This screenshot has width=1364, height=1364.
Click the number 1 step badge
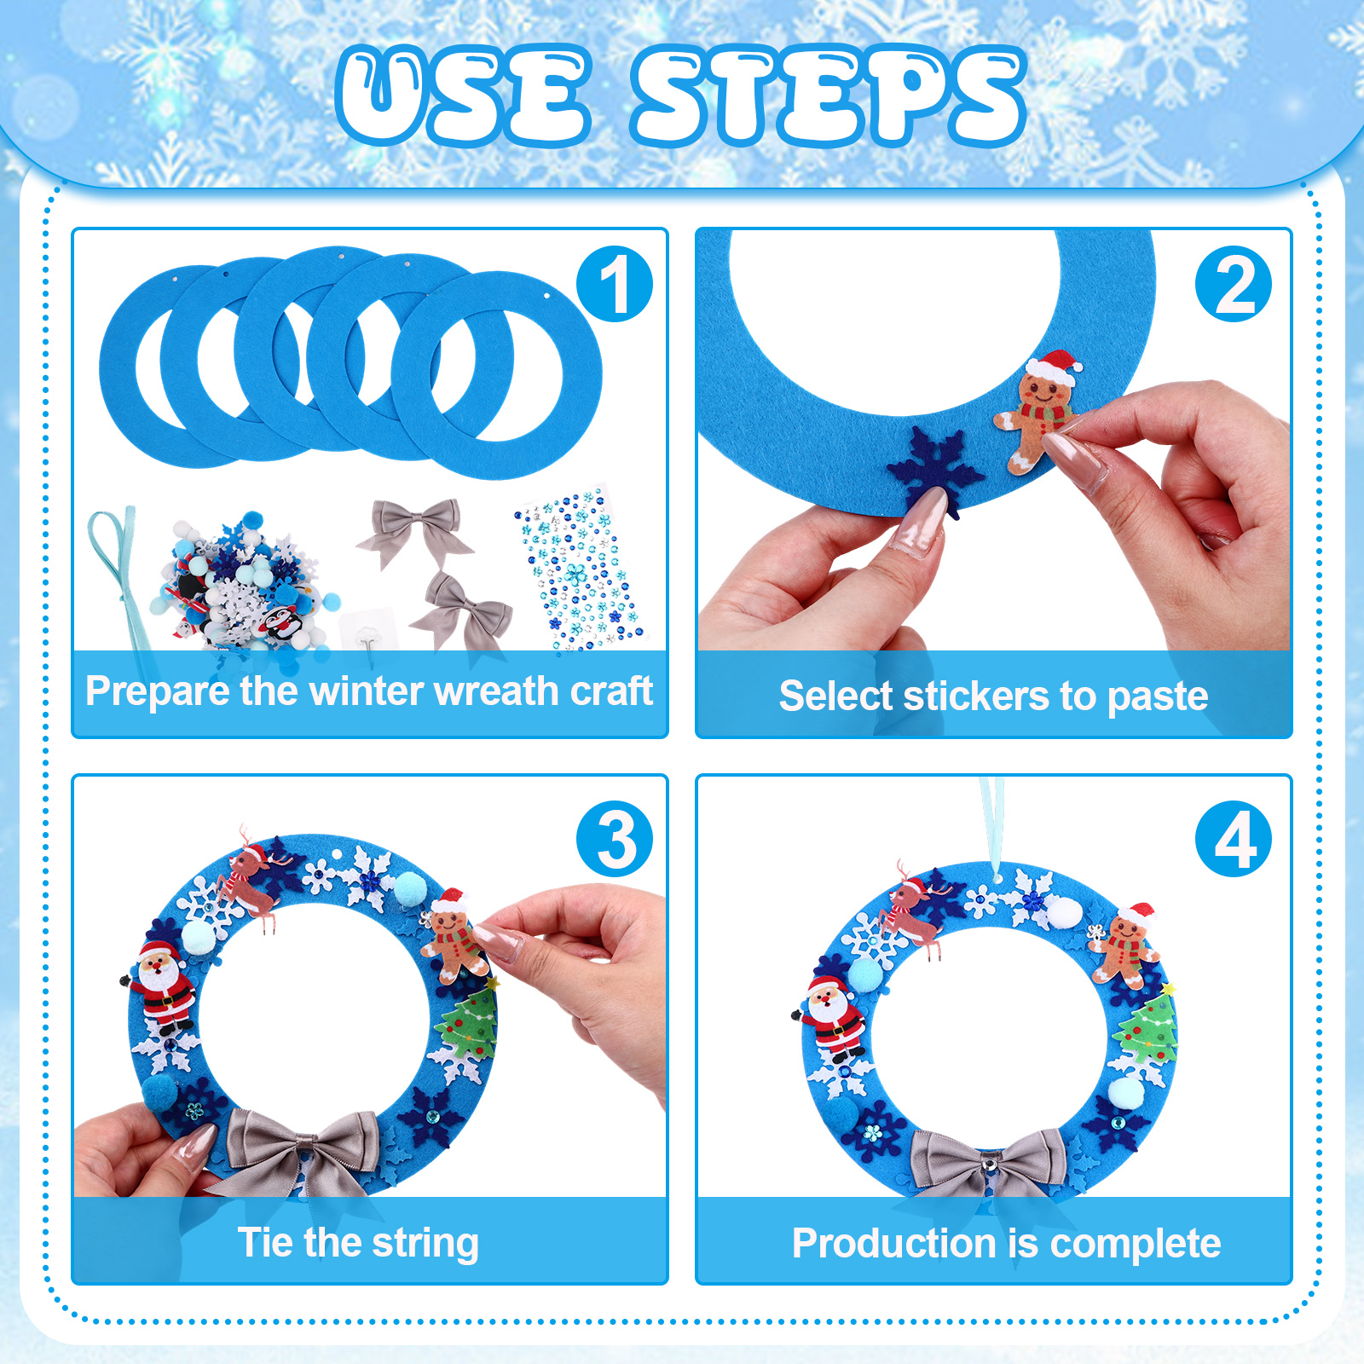click(615, 284)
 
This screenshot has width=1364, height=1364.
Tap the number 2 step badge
click(1234, 284)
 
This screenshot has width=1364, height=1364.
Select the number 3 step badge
click(615, 839)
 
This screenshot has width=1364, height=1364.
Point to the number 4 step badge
click(1234, 839)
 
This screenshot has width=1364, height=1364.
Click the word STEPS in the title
click(829, 95)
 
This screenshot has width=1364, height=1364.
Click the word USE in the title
click(464, 95)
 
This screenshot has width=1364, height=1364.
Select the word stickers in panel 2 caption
click(977, 696)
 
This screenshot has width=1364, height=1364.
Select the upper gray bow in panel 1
click(415, 529)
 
